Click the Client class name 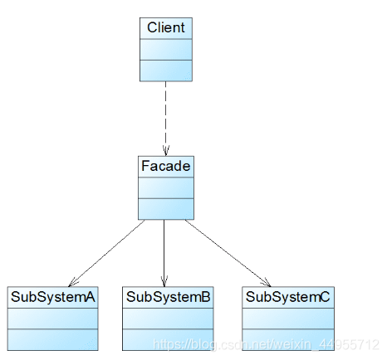point(166,27)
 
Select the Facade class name point(166,166)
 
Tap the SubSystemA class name point(53,297)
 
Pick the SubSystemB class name point(169,297)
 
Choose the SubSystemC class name point(288,297)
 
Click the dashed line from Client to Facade point(166,119)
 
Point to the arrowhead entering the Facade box point(166,151)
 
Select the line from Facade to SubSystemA point(106,253)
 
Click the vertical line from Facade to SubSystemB point(164,253)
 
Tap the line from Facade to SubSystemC point(228,253)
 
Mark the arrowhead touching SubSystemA point(73,282)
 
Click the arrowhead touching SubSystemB point(164,281)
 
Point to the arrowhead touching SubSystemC point(267,283)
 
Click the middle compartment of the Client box point(166,50)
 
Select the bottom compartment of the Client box point(166,71)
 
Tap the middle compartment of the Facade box point(166,188)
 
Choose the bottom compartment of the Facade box point(166,209)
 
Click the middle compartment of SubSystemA point(53,319)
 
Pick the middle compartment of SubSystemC point(288,319)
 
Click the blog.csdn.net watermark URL point(266,344)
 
